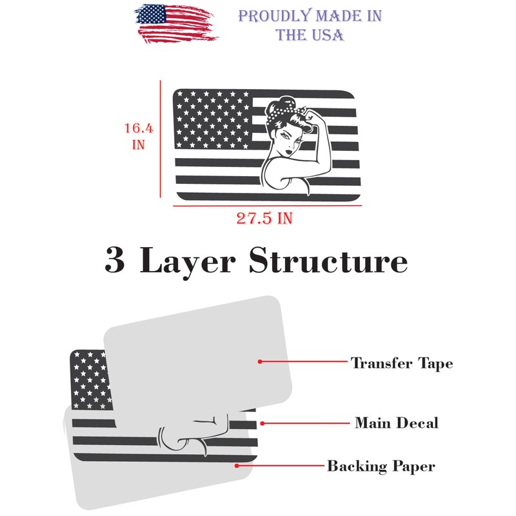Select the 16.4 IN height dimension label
[139, 136]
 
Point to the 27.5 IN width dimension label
[264, 218]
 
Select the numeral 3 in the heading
[115, 262]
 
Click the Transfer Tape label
[402, 363]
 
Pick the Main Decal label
[397, 423]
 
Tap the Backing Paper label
[381, 466]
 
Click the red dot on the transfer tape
[260, 362]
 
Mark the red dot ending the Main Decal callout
[263, 423]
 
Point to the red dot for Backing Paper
[237, 465]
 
